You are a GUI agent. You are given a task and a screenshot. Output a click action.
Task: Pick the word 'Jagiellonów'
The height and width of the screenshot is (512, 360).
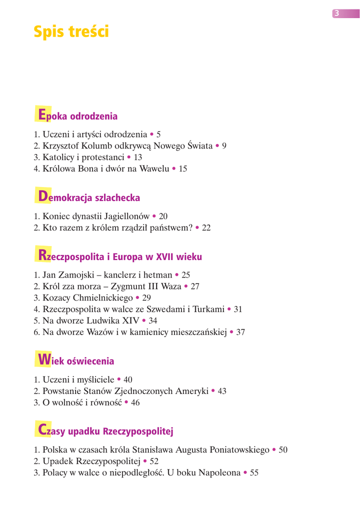click(x=123, y=217)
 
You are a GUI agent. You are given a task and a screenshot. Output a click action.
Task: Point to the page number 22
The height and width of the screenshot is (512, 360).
click(x=206, y=228)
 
